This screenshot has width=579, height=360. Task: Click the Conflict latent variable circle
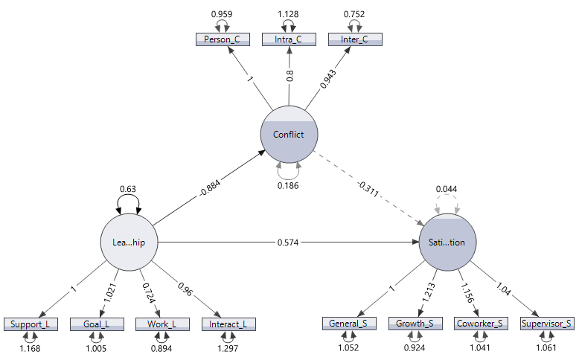(289, 135)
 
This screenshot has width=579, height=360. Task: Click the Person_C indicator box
(223, 39)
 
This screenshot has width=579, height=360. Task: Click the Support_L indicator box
(30, 324)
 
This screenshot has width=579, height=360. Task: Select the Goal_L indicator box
(97, 324)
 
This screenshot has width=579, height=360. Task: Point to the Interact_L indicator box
(228, 324)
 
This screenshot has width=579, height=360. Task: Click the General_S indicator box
(349, 324)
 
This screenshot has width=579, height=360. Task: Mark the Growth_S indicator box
(415, 324)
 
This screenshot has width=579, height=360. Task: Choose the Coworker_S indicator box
(481, 324)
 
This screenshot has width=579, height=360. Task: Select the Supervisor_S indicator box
(547, 324)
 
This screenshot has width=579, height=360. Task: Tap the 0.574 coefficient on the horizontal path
(288, 242)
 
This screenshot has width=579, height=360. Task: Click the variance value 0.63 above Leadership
(129, 189)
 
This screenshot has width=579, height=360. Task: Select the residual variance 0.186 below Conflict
(289, 185)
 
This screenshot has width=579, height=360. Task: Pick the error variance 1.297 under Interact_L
(228, 348)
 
